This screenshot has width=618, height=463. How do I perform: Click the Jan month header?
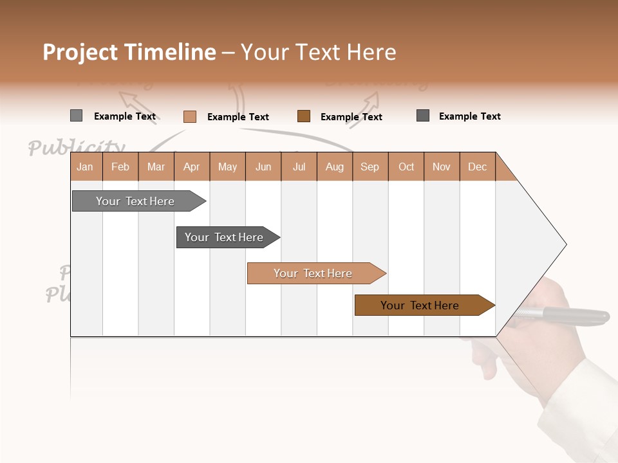(x=86, y=167)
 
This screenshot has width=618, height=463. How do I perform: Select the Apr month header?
(x=192, y=167)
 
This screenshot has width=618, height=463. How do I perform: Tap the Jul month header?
(x=299, y=167)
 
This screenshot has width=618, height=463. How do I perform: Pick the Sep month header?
(x=370, y=167)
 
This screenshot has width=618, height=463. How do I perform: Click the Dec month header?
(x=477, y=167)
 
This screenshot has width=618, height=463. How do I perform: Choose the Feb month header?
(x=120, y=167)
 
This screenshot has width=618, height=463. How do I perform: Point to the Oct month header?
(x=406, y=167)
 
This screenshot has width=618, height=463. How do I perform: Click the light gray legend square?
(x=76, y=116)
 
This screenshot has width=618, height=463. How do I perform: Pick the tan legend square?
(x=189, y=116)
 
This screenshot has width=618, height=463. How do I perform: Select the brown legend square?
(x=304, y=116)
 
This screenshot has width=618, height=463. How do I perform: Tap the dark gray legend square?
(x=423, y=115)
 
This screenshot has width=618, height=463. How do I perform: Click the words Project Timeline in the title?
(x=129, y=52)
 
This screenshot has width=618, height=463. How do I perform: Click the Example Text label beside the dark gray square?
(x=469, y=116)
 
